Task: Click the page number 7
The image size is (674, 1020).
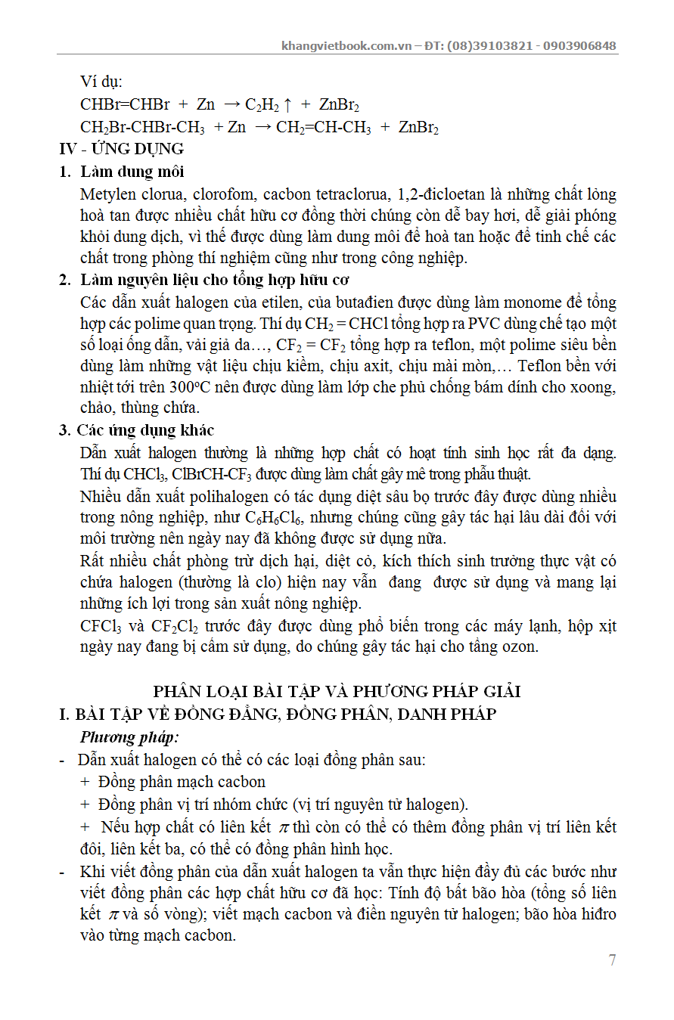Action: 612,960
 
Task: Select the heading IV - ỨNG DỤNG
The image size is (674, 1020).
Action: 122,149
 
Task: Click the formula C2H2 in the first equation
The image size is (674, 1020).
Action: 262,105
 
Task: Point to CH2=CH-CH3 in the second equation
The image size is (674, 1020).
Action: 323,127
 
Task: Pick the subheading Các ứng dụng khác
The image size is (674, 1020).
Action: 145,430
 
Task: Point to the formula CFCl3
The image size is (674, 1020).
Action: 101,626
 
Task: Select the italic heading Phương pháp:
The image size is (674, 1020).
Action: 129,737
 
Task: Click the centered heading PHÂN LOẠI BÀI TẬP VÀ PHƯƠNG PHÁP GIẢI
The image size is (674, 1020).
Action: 337,691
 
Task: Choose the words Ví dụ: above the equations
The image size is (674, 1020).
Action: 101,82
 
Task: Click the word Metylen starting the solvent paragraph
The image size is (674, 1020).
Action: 109,194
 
